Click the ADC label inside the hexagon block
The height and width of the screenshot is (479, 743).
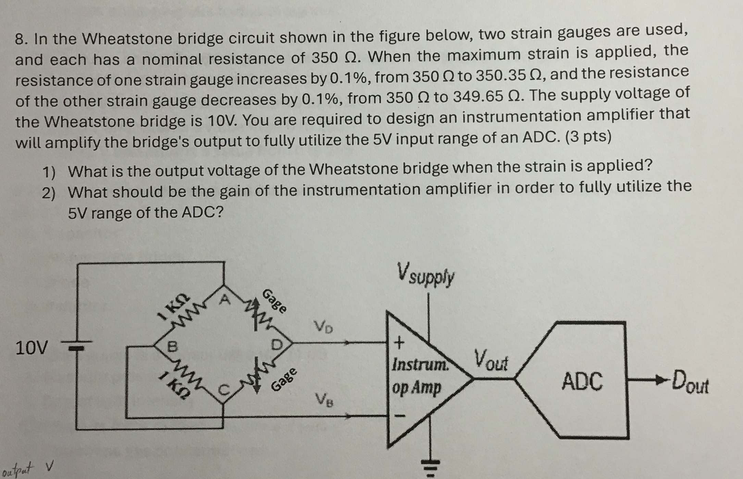[x=582, y=381]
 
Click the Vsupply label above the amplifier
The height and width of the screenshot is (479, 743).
[x=426, y=274]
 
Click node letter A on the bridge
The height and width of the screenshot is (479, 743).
[x=225, y=300]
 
